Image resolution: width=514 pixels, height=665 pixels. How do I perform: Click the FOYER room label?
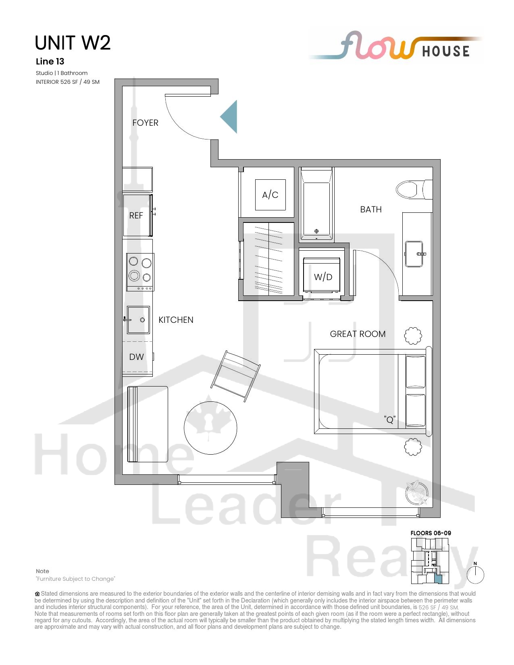click(145, 123)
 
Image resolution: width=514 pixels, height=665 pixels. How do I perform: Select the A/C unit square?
click(271, 195)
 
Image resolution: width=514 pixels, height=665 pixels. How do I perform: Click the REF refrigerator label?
click(136, 216)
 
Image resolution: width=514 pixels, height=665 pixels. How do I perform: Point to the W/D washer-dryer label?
click(323, 277)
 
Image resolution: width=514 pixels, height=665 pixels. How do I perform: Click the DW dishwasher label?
click(136, 357)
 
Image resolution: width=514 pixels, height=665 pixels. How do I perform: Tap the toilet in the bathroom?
click(414, 189)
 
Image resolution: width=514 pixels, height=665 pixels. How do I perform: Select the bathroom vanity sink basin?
click(414, 254)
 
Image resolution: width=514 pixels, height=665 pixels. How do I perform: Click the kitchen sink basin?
click(138, 320)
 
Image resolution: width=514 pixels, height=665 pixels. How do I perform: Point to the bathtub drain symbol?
click(316, 231)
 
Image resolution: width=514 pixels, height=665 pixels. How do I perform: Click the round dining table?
click(210, 428)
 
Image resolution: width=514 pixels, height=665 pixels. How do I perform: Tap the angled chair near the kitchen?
click(235, 376)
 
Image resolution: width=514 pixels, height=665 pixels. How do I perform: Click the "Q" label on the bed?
click(390, 419)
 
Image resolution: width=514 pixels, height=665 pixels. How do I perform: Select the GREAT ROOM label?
click(358, 334)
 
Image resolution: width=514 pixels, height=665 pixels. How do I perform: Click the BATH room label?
click(371, 209)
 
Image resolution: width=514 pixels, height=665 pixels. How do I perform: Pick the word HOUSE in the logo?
click(446, 51)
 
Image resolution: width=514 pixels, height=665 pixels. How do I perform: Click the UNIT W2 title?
click(73, 43)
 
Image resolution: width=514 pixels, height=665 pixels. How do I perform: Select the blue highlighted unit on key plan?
click(438, 578)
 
